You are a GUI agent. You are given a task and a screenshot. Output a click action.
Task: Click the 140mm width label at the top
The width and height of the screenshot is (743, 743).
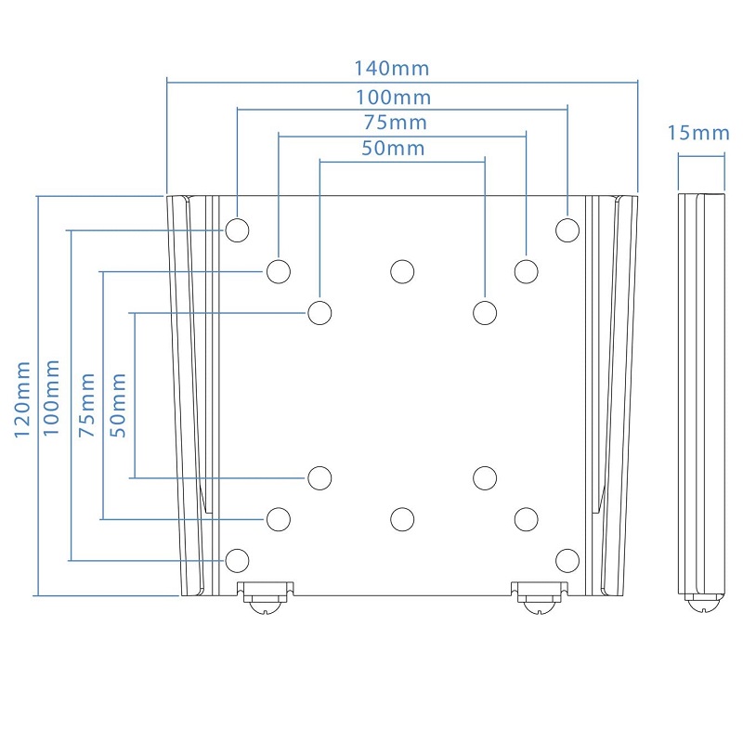click(391, 69)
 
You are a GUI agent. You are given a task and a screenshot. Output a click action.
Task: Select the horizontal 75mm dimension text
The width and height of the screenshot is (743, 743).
click(395, 123)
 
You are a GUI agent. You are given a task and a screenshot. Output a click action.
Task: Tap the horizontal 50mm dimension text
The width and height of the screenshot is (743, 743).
click(393, 148)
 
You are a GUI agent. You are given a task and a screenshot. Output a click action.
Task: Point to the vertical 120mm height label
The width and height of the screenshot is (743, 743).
click(22, 395)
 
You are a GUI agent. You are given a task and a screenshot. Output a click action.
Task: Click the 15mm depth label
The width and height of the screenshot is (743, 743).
click(698, 133)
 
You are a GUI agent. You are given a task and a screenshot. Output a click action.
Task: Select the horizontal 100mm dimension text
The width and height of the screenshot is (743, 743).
click(393, 97)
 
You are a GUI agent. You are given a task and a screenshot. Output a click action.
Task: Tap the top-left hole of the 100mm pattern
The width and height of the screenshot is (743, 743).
click(238, 229)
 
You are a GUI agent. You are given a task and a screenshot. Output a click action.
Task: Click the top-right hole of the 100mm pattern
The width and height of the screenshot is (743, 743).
click(567, 229)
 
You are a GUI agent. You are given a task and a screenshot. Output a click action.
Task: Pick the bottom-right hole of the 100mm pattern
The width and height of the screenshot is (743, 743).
click(567, 559)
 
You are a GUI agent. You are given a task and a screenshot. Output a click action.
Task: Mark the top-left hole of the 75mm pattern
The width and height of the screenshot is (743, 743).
click(278, 271)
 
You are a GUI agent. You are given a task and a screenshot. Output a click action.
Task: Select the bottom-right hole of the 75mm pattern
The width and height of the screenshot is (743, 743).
click(526, 518)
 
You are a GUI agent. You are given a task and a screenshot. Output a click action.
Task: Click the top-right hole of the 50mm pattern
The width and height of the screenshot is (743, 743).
click(485, 312)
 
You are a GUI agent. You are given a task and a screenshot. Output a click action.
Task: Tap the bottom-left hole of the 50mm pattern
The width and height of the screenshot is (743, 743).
click(319, 477)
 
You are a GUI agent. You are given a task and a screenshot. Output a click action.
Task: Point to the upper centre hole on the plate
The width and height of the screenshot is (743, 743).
click(402, 271)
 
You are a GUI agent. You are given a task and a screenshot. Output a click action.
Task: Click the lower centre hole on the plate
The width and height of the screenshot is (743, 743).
click(402, 518)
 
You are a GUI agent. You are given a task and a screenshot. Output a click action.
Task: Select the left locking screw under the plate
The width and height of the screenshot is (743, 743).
click(266, 596)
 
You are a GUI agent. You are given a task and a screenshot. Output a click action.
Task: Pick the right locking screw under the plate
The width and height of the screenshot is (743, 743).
click(539, 596)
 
